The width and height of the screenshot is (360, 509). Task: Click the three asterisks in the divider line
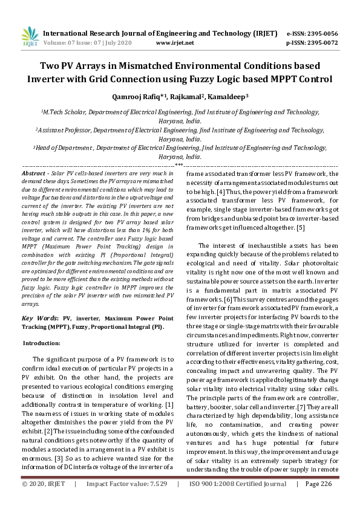tap(179, 164)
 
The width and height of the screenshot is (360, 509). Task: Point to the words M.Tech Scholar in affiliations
tap(62, 112)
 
